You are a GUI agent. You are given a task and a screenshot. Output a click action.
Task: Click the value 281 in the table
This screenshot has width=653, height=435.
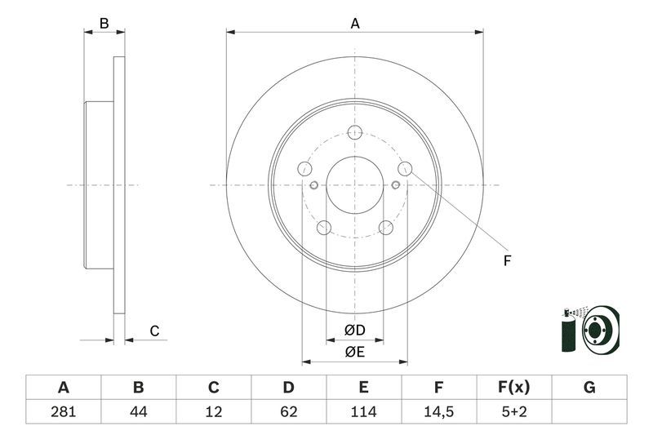coord(63,411)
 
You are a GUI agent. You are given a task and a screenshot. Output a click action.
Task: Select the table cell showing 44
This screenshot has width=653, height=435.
coord(138,411)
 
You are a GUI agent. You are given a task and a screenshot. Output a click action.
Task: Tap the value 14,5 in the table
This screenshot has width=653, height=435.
coord(438,411)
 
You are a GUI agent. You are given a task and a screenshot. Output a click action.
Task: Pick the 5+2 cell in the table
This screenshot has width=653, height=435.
coord(513,411)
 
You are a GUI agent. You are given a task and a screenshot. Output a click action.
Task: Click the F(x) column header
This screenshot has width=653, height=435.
coord(513,388)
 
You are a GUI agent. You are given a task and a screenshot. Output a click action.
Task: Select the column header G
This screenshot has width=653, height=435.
coord(589,388)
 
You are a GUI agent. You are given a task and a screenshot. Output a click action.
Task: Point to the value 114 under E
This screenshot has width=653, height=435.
coord(363,411)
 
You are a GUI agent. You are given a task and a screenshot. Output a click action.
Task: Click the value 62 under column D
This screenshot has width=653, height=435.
coord(288,411)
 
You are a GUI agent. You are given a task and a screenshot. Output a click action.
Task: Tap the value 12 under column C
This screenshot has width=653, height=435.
coord(213,411)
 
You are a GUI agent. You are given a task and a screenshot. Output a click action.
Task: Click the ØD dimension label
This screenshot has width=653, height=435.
coord(353,330)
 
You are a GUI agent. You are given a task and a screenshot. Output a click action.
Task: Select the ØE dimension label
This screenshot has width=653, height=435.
coord(353,352)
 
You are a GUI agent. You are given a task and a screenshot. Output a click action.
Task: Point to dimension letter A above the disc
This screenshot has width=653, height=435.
coord(355,24)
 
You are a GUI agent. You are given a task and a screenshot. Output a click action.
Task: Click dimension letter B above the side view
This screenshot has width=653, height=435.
coord(104,24)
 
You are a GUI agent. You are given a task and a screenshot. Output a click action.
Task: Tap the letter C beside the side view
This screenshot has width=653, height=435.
coord(153,331)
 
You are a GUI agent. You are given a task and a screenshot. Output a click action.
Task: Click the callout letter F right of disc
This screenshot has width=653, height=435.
coord(506,260)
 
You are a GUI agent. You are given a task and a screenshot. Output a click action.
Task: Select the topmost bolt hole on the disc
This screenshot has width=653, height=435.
coord(354,133)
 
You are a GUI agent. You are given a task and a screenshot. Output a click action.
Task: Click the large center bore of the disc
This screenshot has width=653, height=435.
coord(354,185)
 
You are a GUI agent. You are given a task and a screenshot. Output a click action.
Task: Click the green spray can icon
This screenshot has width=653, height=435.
coord(569,333)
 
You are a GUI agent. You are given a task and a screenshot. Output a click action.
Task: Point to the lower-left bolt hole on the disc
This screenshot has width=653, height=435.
coord(323,228)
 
